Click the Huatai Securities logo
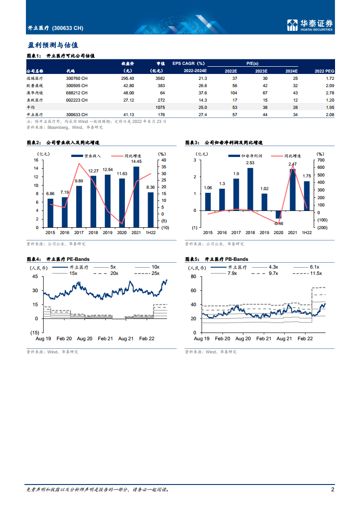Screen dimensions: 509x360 tap(311, 25)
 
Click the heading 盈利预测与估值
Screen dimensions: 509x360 tap(53, 45)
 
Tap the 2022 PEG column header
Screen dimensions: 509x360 tap(324, 71)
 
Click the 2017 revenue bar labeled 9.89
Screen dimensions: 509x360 tap(79, 206)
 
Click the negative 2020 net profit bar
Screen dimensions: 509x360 tap(278, 214)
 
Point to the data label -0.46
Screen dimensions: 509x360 tap(278, 223)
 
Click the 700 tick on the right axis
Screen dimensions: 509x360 tap(321, 160)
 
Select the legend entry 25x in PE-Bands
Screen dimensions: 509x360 tap(155, 273)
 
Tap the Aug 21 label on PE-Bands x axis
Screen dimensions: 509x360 tap(126, 339)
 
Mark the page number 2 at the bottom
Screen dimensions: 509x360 tap(333, 489)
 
